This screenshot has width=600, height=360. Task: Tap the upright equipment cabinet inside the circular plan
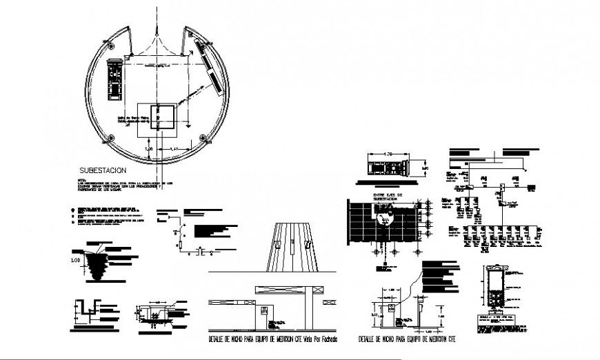click(113, 79)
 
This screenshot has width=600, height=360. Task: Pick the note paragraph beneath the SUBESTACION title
click(121, 184)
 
